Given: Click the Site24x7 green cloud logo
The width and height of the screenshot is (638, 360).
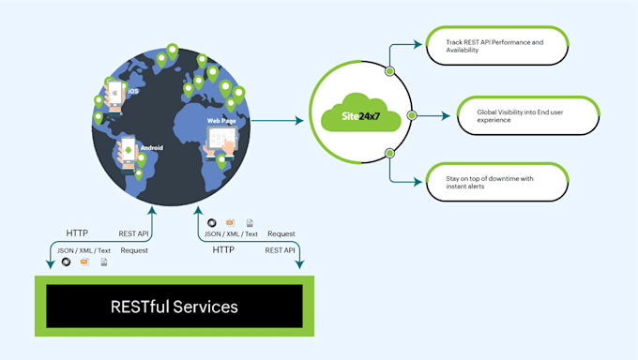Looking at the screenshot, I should coord(355,117).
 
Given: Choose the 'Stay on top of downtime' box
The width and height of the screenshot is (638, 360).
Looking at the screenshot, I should coord(483,182).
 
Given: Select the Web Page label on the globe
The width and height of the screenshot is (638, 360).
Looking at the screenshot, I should coord(221,121).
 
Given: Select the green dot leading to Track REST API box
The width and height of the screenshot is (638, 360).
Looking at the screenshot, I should coord(388,71).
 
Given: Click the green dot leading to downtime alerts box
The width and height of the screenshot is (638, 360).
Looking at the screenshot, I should coord(388,161).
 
